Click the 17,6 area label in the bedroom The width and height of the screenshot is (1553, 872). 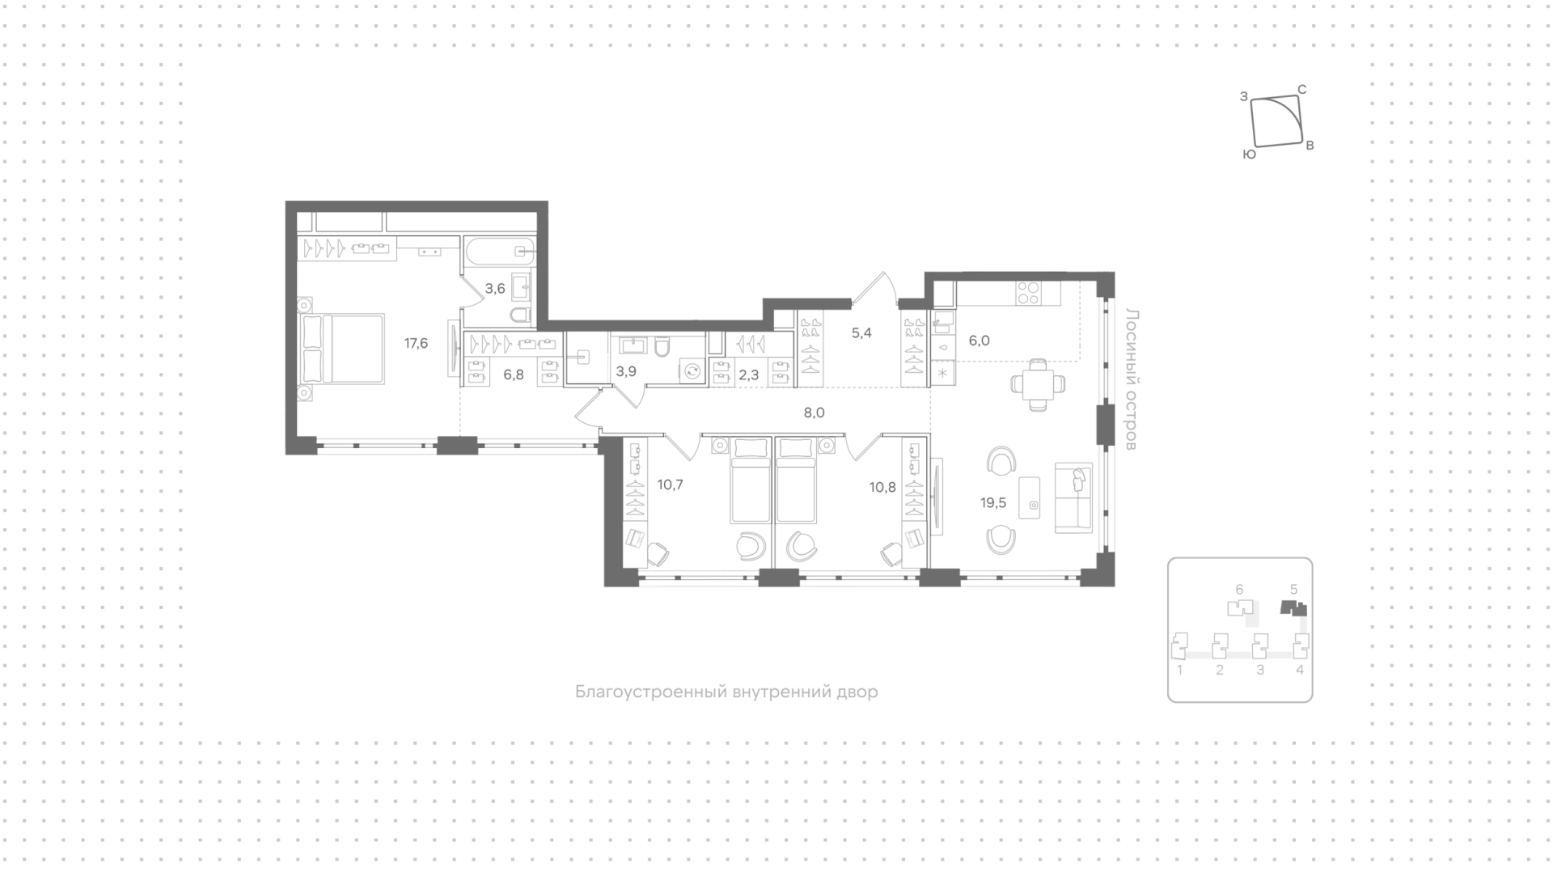416,343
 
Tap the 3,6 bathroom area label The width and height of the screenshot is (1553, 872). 495,288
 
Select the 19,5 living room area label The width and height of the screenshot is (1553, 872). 993,503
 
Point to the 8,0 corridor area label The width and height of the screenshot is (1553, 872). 814,413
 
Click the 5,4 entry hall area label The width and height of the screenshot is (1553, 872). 861,332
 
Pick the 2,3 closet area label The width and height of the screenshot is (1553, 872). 749,375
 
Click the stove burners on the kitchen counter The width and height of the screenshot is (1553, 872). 1027,292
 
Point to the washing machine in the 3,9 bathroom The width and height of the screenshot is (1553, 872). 692,371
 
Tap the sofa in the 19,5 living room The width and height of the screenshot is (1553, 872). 1074,498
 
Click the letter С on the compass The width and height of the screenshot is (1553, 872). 1302,90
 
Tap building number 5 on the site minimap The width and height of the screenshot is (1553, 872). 1293,590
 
